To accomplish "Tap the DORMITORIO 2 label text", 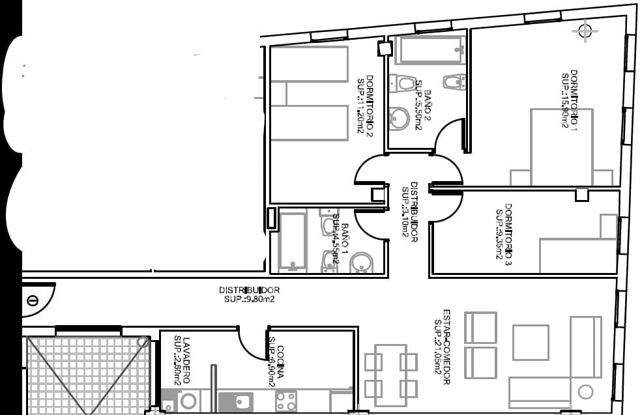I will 370,105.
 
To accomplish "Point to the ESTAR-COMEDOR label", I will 446,347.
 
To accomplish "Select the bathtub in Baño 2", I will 431,50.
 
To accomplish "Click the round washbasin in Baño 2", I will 400,118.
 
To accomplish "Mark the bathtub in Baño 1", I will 292,240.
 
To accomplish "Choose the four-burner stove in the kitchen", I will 285,401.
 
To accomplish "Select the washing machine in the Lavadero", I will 189,401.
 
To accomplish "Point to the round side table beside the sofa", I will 585,392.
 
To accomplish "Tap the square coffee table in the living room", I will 530,342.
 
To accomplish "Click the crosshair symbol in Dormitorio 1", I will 585,30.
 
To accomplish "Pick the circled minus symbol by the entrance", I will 33,300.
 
